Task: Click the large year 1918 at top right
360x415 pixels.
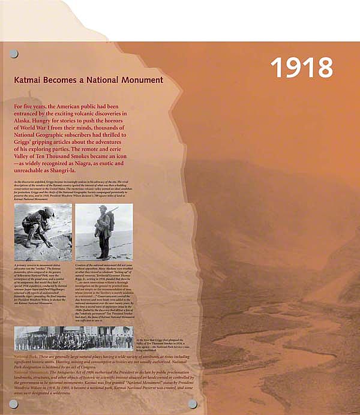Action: click(x=301, y=68)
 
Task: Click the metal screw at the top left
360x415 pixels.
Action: click(x=14, y=54)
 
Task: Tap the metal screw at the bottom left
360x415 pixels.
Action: click(x=13, y=404)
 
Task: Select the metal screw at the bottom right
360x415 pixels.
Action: click(x=193, y=404)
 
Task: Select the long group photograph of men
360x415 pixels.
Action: click(x=73, y=338)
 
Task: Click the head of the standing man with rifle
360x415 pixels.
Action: click(x=103, y=209)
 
